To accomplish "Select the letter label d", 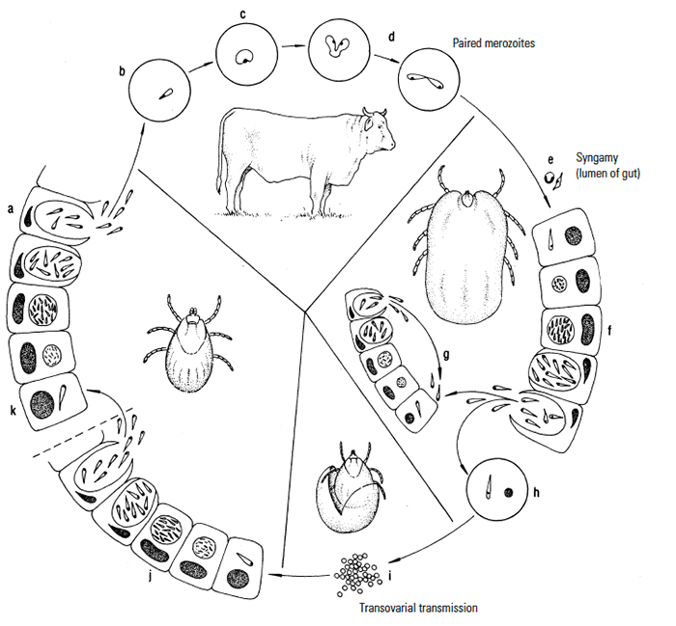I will [x=390, y=38].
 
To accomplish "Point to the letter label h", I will [x=535, y=491].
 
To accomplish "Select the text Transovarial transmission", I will [x=418, y=609].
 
